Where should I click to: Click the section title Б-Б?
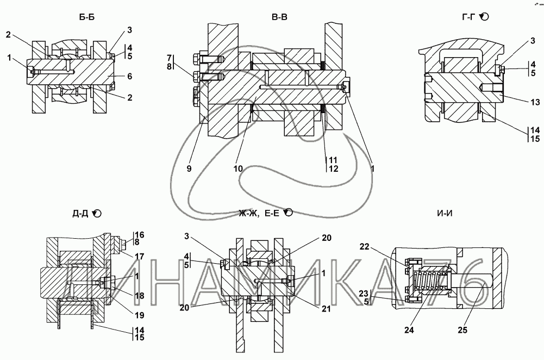pos(87,17)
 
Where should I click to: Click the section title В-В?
pos(280,17)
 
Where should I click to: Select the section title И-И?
pos(445,213)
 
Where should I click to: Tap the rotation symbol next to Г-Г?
pos(484,16)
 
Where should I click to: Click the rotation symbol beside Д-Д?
pos(97,214)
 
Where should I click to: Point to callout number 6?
pos(130,76)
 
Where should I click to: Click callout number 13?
pos(535,102)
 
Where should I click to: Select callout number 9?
pos(189,169)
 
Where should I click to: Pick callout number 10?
pos(238,169)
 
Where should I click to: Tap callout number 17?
pos(140,257)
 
